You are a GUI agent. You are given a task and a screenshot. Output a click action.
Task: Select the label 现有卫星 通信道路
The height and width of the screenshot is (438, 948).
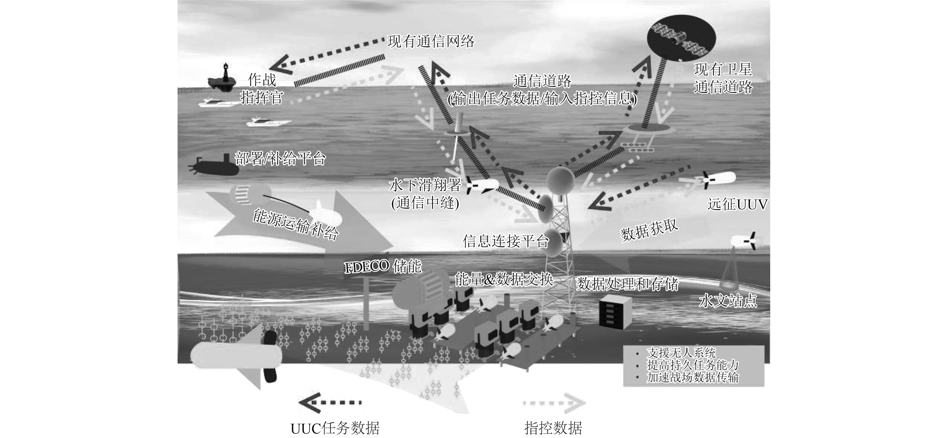tap(723, 78)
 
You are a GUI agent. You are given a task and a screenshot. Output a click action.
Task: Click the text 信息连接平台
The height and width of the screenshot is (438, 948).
tap(506, 241)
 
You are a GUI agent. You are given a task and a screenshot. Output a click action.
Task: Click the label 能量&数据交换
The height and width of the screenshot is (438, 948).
tap(504, 279)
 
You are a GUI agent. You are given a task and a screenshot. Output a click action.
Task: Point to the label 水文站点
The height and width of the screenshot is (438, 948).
tap(728, 301)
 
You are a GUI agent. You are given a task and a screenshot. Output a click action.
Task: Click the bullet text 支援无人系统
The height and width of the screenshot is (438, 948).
tap(681, 353)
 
